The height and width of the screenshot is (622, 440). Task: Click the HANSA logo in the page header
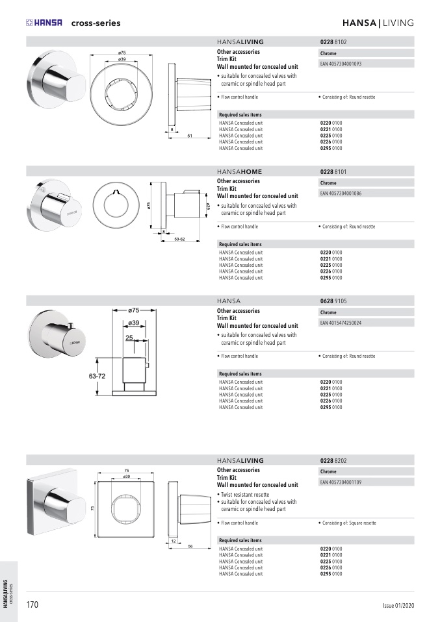point(44,23)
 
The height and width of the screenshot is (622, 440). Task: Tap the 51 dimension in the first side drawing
point(190,136)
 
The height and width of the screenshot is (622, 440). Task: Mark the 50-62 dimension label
point(179,239)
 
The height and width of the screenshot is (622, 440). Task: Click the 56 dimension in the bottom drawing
point(190,546)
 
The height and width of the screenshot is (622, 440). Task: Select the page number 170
point(32,605)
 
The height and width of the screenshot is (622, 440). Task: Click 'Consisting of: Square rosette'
point(348,523)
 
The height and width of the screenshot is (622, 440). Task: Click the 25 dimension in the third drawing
point(129,338)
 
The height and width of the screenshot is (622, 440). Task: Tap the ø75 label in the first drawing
point(122,53)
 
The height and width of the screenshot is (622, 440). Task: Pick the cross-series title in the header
point(96,23)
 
